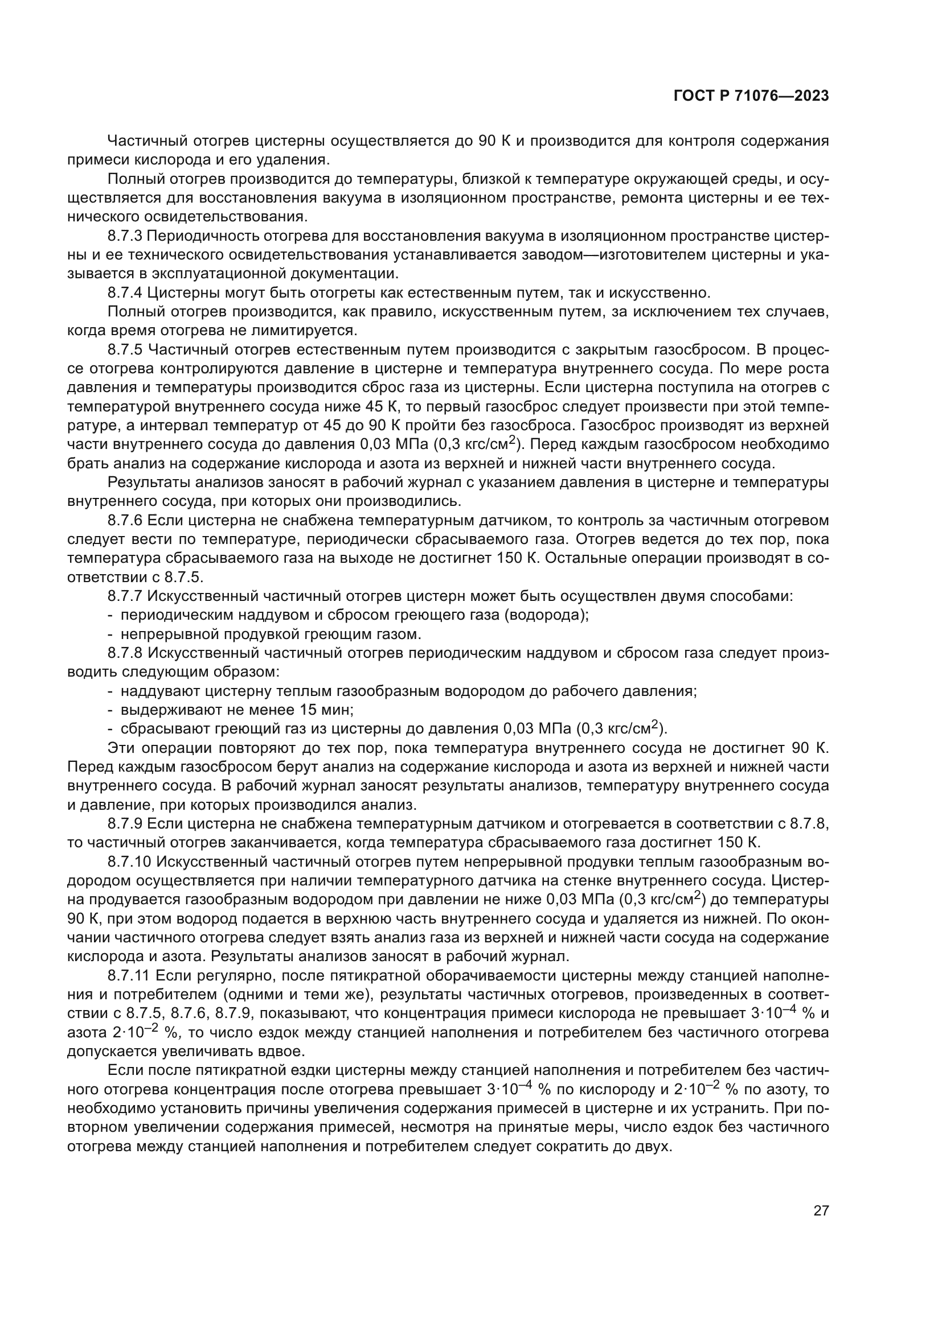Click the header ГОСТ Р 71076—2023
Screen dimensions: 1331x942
tap(751, 96)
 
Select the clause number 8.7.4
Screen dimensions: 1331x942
tap(125, 292)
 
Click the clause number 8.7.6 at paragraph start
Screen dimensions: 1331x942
tap(125, 520)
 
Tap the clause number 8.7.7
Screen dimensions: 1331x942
tap(125, 596)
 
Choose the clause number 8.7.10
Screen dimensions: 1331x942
tap(129, 862)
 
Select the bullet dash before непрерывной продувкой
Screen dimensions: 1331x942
tap(110, 633)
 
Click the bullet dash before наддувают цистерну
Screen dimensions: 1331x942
tap(110, 691)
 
